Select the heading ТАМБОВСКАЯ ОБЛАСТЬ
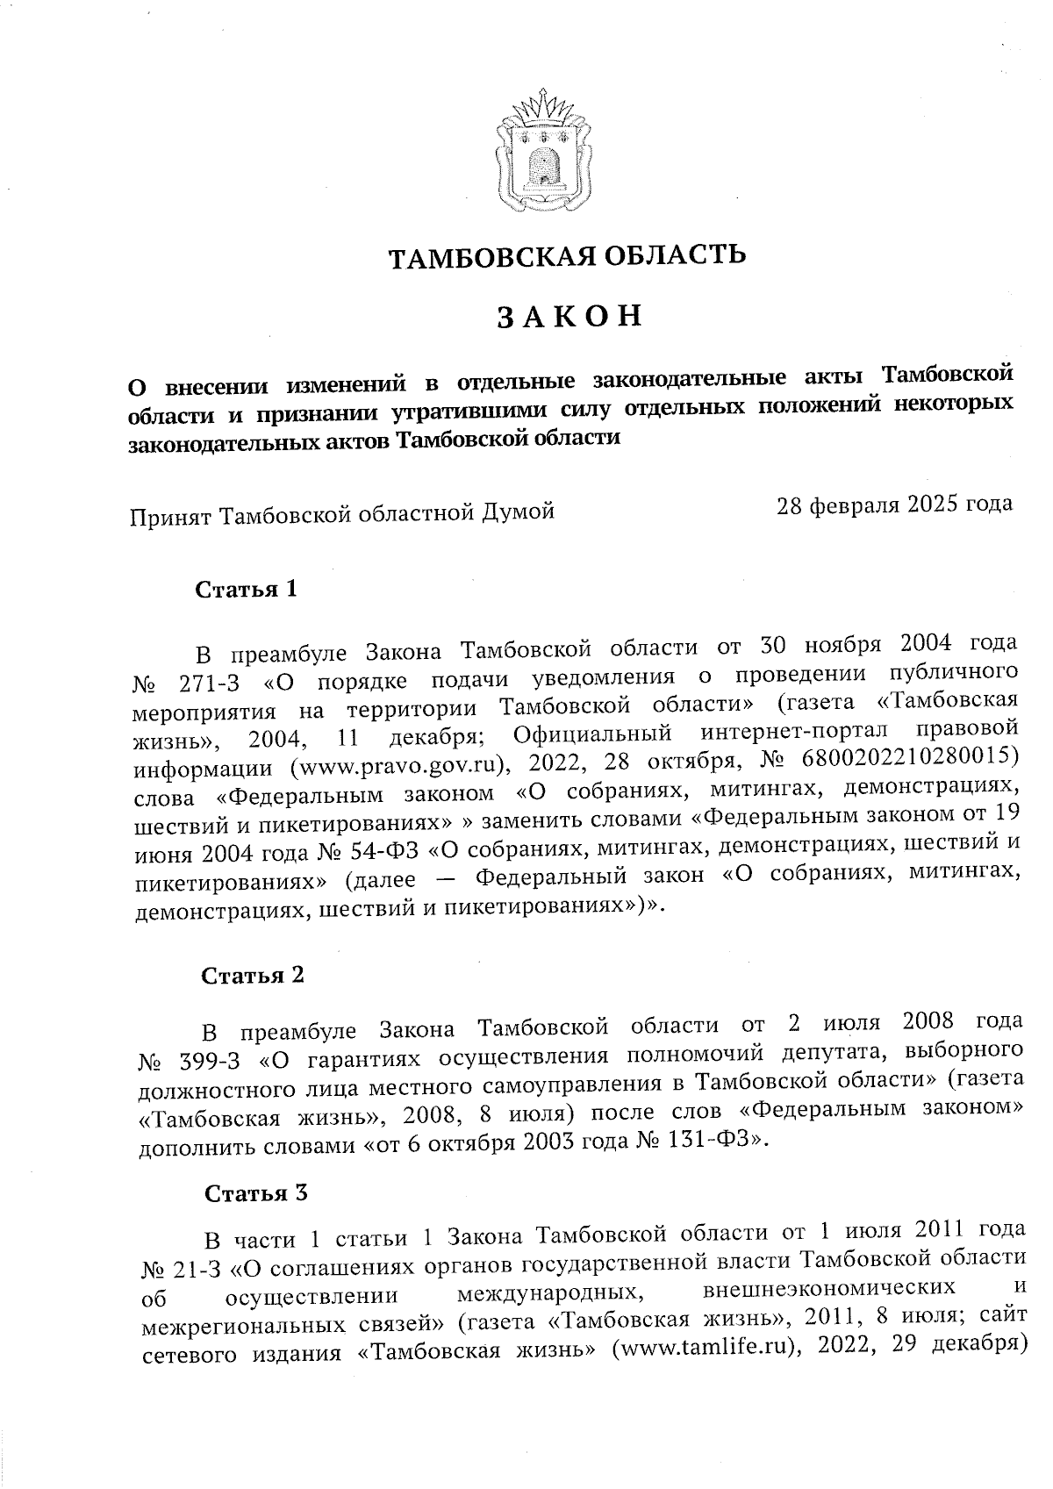568,256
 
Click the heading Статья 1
247,589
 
